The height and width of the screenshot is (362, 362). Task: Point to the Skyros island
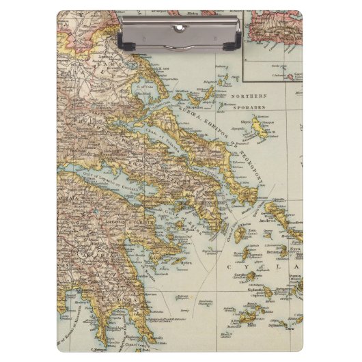[x=260, y=126]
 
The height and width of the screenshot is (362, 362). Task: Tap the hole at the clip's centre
[x=180, y=27]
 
